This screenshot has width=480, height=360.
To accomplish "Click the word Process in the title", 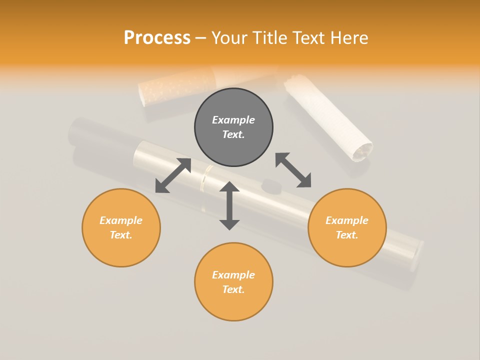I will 157,38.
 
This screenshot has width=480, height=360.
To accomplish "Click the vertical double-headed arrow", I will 229,205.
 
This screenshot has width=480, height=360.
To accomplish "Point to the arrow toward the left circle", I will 173,175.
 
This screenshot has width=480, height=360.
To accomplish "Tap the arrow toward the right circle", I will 293,170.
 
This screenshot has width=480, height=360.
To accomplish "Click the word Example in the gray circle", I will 233,120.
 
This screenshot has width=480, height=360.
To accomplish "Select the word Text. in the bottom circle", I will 233,289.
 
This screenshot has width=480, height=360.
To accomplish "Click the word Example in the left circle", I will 121,220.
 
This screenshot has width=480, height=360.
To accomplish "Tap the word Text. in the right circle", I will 347,235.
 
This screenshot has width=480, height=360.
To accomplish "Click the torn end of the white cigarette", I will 362,150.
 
